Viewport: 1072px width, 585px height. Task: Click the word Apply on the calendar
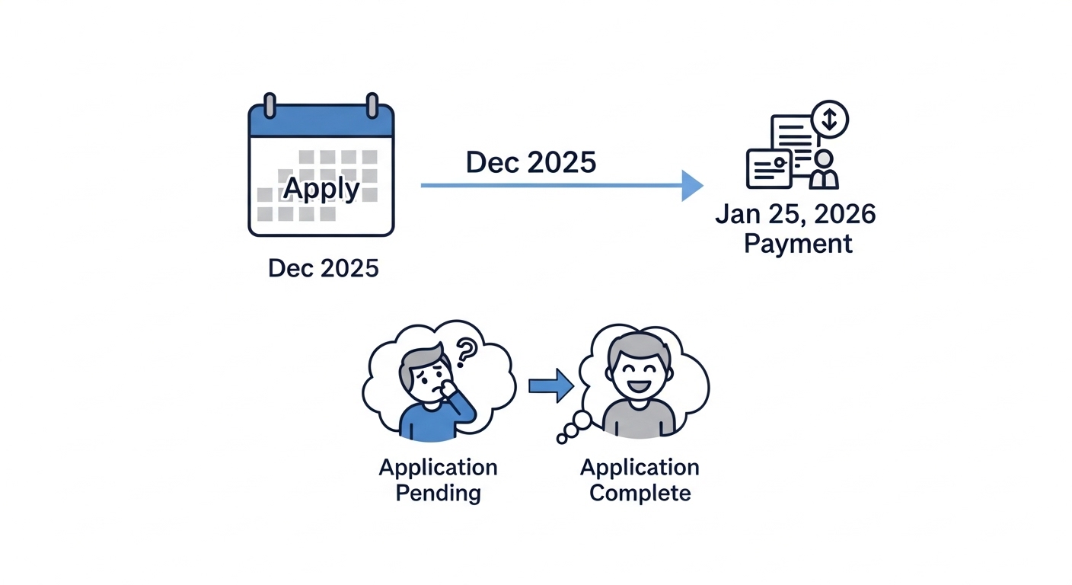click(x=321, y=187)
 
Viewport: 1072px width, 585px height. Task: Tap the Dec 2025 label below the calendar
click(x=323, y=268)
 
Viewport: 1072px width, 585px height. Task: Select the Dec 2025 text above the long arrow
click(x=531, y=162)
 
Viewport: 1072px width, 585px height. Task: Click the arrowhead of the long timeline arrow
click(x=691, y=185)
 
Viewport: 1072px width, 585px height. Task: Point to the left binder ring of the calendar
click(x=269, y=105)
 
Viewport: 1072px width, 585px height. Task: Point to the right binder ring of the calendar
click(x=372, y=105)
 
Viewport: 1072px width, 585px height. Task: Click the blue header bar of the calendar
click(x=321, y=123)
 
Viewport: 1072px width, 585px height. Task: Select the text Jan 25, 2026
click(x=796, y=214)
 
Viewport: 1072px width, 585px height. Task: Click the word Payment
click(x=797, y=244)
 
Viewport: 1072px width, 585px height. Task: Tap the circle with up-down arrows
click(x=830, y=119)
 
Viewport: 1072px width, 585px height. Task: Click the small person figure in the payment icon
click(x=824, y=170)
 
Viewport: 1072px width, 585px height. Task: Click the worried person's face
click(x=422, y=373)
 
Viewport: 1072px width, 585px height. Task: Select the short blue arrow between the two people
click(x=550, y=385)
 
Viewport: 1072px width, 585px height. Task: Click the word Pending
click(x=439, y=493)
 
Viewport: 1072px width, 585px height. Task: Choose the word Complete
click(x=640, y=493)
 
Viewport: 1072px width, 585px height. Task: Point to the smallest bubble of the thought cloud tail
click(x=563, y=439)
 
